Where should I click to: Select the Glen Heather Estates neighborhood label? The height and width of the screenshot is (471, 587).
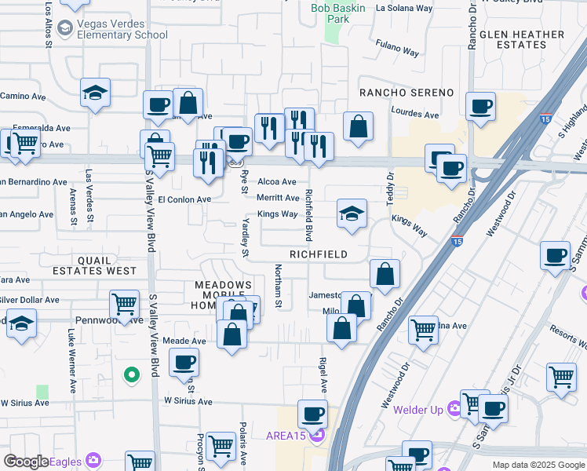click(522, 39)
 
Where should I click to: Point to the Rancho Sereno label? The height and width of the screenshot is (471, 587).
click(407, 93)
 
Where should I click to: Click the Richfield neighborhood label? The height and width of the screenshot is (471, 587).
click(319, 255)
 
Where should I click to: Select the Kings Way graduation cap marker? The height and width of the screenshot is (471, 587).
click(352, 213)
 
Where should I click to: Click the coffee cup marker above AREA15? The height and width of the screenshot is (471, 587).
click(312, 413)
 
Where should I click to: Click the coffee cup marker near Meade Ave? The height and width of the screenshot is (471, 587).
click(184, 362)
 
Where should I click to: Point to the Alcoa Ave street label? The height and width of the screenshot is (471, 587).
click(277, 181)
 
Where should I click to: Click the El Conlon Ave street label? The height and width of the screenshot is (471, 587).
click(184, 199)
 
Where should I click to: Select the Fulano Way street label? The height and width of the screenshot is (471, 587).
click(396, 49)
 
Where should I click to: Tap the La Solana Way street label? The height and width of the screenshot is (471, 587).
click(404, 9)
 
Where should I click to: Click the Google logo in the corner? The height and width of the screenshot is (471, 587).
click(26, 462)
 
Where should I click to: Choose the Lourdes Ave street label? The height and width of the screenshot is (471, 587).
click(414, 114)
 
